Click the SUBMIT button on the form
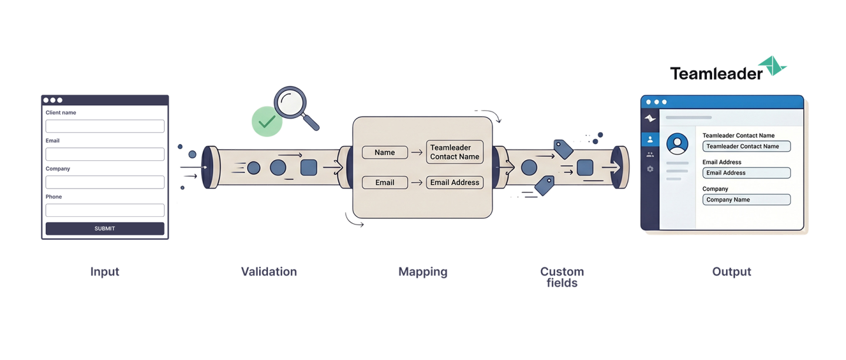click(105, 228)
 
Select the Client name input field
click(105, 126)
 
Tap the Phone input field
click(105, 210)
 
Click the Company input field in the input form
click(105, 182)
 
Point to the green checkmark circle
click(267, 122)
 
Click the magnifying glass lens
click(290, 102)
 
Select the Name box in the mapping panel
click(385, 153)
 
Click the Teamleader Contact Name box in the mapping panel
click(455, 152)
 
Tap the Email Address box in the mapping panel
click(455, 183)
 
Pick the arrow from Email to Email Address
click(417, 183)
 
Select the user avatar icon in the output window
click(677, 144)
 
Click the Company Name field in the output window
click(746, 200)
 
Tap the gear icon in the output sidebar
click(650, 169)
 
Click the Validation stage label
click(269, 272)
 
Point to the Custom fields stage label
click(562, 277)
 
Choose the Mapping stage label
click(422, 272)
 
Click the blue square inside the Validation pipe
click(308, 167)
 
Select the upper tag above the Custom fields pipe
click(563, 149)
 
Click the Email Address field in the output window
click(746, 173)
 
